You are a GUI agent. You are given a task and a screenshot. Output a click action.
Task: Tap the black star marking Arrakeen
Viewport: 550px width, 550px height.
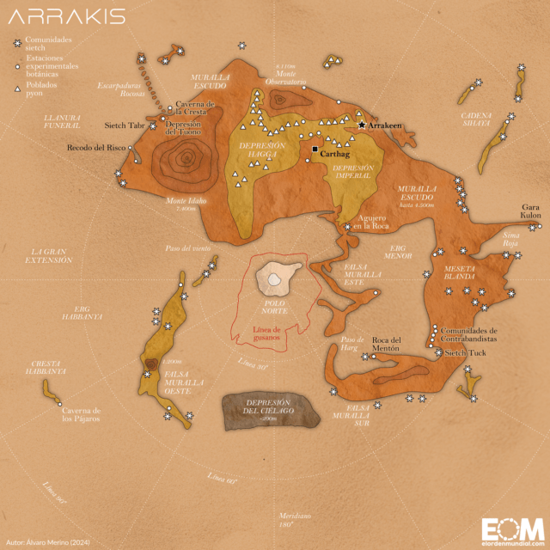point(362,125)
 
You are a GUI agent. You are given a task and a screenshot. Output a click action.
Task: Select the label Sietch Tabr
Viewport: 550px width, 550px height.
point(125,125)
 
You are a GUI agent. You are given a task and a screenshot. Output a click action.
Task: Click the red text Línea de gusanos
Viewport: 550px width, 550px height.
point(274,333)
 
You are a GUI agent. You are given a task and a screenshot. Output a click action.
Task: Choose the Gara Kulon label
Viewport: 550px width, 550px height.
point(531,211)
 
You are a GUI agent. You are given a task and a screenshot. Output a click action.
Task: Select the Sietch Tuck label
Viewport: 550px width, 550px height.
point(467,353)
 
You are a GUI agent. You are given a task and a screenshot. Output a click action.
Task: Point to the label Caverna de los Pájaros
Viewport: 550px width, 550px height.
point(76,415)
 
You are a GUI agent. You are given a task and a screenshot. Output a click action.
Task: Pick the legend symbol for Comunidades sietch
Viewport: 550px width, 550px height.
point(16,41)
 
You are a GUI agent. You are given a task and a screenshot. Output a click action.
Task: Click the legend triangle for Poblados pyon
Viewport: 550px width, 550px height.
point(16,88)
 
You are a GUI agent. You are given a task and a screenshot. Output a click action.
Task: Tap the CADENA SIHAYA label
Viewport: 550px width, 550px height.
point(475,119)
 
